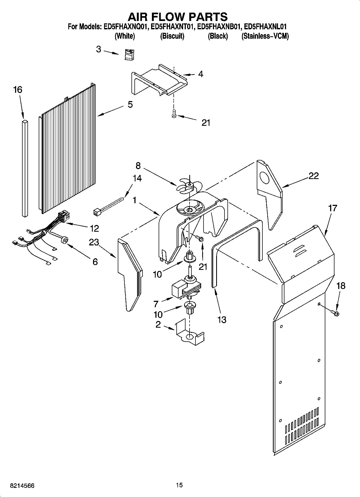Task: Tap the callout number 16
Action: point(18,90)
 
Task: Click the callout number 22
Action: point(313,176)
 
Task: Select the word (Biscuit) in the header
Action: point(172,36)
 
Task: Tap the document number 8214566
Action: point(22,486)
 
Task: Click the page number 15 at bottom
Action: point(179,485)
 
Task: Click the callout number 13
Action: point(222,320)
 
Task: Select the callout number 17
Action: point(333,208)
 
